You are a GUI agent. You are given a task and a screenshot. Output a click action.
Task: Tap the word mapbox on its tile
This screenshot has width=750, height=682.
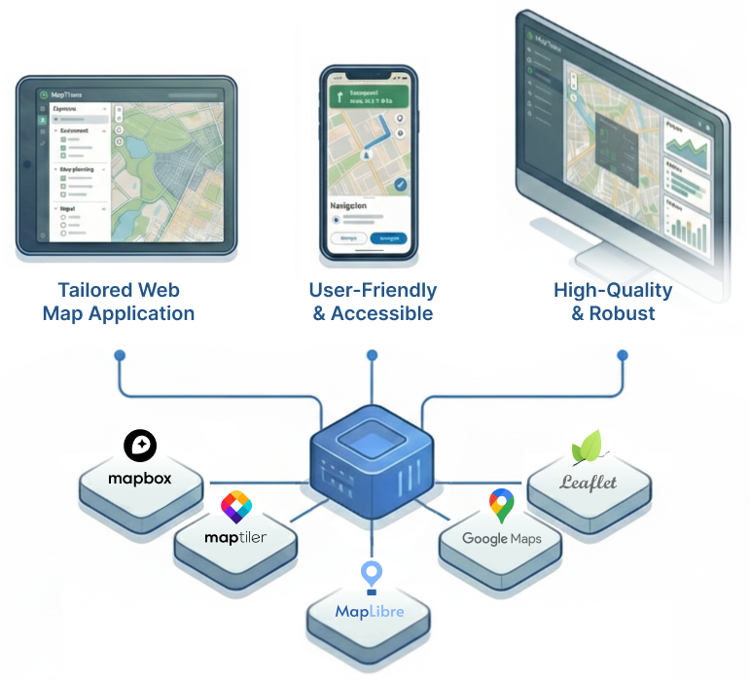(x=140, y=479)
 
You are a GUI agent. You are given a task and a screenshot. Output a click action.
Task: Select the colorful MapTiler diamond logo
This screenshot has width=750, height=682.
(x=235, y=507)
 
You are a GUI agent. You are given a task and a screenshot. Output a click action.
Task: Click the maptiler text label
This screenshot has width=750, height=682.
(x=235, y=537)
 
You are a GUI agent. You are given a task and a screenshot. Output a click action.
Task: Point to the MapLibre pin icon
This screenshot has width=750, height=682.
(x=370, y=576)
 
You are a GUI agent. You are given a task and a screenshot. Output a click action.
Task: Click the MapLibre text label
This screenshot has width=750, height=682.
(x=369, y=612)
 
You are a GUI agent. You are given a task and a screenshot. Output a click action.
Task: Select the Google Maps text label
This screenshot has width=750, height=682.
(x=501, y=538)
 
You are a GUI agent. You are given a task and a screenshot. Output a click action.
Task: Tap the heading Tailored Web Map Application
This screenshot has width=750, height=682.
(x=119, y=302)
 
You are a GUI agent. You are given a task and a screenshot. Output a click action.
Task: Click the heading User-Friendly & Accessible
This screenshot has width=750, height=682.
(x=373, y=302)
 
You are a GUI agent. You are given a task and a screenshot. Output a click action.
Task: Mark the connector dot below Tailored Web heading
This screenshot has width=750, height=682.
(x=119, y=356)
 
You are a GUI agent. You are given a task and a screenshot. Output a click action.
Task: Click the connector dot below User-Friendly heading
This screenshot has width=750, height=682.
(x=372, y=356)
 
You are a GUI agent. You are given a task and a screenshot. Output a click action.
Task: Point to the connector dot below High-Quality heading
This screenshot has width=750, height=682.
(x=623, y=356)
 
